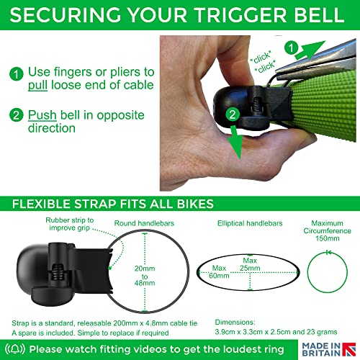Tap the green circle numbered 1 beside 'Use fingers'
point(15,73)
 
